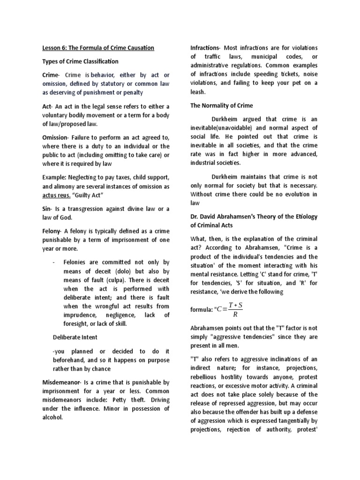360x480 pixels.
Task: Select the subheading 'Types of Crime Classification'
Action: [x=81, y=61]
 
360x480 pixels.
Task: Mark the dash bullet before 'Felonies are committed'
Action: [x=54, y=262]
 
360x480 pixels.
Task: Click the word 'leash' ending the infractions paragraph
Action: [x=198, y=92]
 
